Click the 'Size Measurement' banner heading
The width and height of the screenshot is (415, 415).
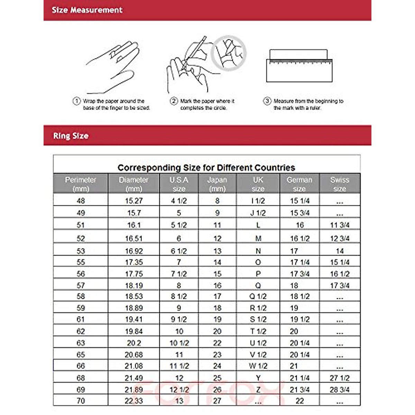(87, 10)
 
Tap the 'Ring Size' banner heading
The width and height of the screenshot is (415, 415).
(71, 136)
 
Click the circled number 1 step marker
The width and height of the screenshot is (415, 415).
(76, 101)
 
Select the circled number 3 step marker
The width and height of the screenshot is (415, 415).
(267, 101)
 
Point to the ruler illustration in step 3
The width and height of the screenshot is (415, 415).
(299, 66)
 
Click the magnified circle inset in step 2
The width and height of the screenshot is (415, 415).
(229, 53)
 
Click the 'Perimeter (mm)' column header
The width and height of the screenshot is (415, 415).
(81, 184)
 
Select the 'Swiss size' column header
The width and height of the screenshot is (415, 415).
(340, 184)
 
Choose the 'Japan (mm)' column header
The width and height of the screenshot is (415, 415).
(217, 184)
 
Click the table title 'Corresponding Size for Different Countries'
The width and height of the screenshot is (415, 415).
(206, 168)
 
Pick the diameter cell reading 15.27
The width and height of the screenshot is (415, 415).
(134, 201)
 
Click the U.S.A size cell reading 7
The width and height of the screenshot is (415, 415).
(179, 262)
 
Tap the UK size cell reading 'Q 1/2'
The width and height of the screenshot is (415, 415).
(258, 296)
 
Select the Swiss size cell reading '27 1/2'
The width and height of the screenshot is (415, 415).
(340, 378)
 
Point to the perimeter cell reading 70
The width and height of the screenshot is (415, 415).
(81, 401)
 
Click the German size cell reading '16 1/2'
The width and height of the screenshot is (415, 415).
(299, 239)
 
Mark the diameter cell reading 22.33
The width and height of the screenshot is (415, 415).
(134, 401)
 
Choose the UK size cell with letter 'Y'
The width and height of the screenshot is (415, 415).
(258, 378)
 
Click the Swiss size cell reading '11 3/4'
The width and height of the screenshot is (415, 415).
(340, 225)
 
